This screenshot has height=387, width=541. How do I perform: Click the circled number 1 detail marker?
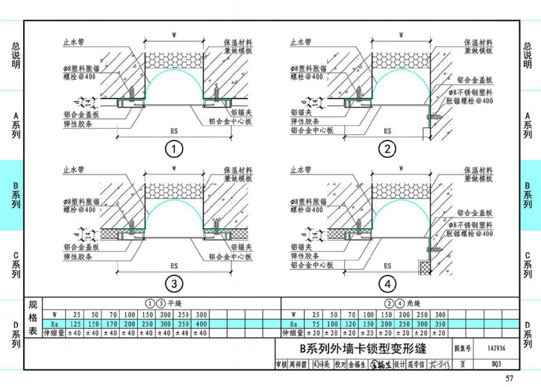[x=173, y=149]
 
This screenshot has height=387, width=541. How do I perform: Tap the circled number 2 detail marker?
[x=387, y=149]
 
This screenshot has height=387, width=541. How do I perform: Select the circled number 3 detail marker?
[x=173, y=283]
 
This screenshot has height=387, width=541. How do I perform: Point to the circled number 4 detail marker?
[x=387, y=283]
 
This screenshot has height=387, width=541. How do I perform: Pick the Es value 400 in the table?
[x=201, y=324]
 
